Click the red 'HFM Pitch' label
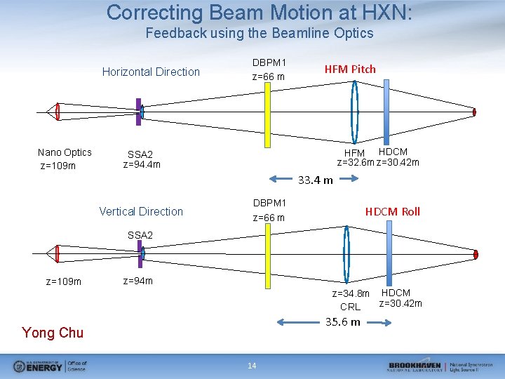[349, 69]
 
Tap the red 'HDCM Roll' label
[392, 211]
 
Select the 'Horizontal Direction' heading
[151, 72]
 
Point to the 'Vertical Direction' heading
[141, 211]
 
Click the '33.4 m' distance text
[316, 180]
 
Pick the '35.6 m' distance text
[343, 321]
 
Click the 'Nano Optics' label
[65, 152]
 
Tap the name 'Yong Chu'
[53, 333]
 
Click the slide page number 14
[252, 365]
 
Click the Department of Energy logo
[50, 366]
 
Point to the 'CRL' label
[350, 307]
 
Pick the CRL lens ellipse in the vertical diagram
[346, 254]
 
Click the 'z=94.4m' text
[142, 165]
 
